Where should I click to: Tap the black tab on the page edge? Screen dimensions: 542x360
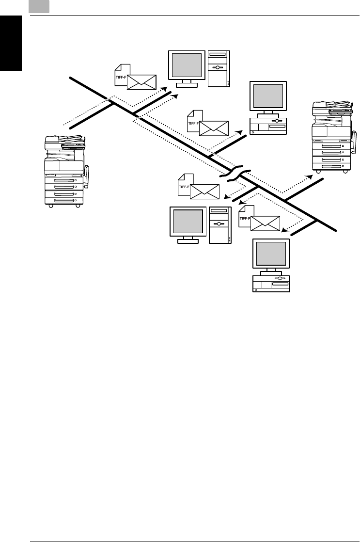point(11,43)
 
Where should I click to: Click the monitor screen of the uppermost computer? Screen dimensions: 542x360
point(187,65)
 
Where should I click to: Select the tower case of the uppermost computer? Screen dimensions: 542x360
point(219,68)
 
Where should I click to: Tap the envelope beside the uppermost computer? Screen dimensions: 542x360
point(141,82)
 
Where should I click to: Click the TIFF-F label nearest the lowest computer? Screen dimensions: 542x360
point(245,218)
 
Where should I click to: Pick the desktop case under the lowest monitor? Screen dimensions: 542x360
point(271,284)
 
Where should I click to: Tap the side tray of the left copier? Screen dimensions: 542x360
point(87,176)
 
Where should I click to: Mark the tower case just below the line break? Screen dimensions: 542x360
point(220,225)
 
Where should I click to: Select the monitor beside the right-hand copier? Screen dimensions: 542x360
point(268,96)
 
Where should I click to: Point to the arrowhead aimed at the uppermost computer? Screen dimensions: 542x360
point(165,89)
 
